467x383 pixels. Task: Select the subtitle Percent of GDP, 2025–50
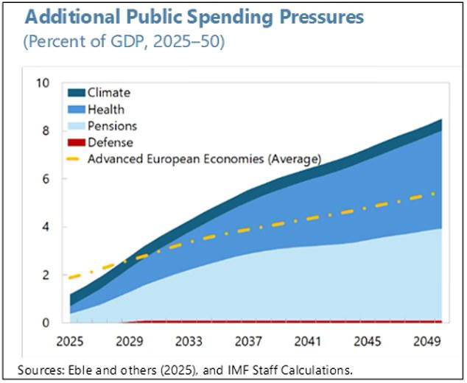coord(124,41)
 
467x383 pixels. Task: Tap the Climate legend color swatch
coord(76,93)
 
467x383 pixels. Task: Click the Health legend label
coord(106,110)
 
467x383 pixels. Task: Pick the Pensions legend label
coord(112,126)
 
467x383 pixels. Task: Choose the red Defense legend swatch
coord(76,142)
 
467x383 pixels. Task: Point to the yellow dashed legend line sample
coord(76,158)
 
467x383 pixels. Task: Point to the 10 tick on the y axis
coord(43,83)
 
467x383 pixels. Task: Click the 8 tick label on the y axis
coord(46,131)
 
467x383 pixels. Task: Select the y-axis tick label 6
coord(46,179)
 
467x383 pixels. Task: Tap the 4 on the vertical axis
coord(46,227)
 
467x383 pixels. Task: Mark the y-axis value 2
coord(46,275)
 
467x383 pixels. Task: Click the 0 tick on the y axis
coord(46,323)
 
